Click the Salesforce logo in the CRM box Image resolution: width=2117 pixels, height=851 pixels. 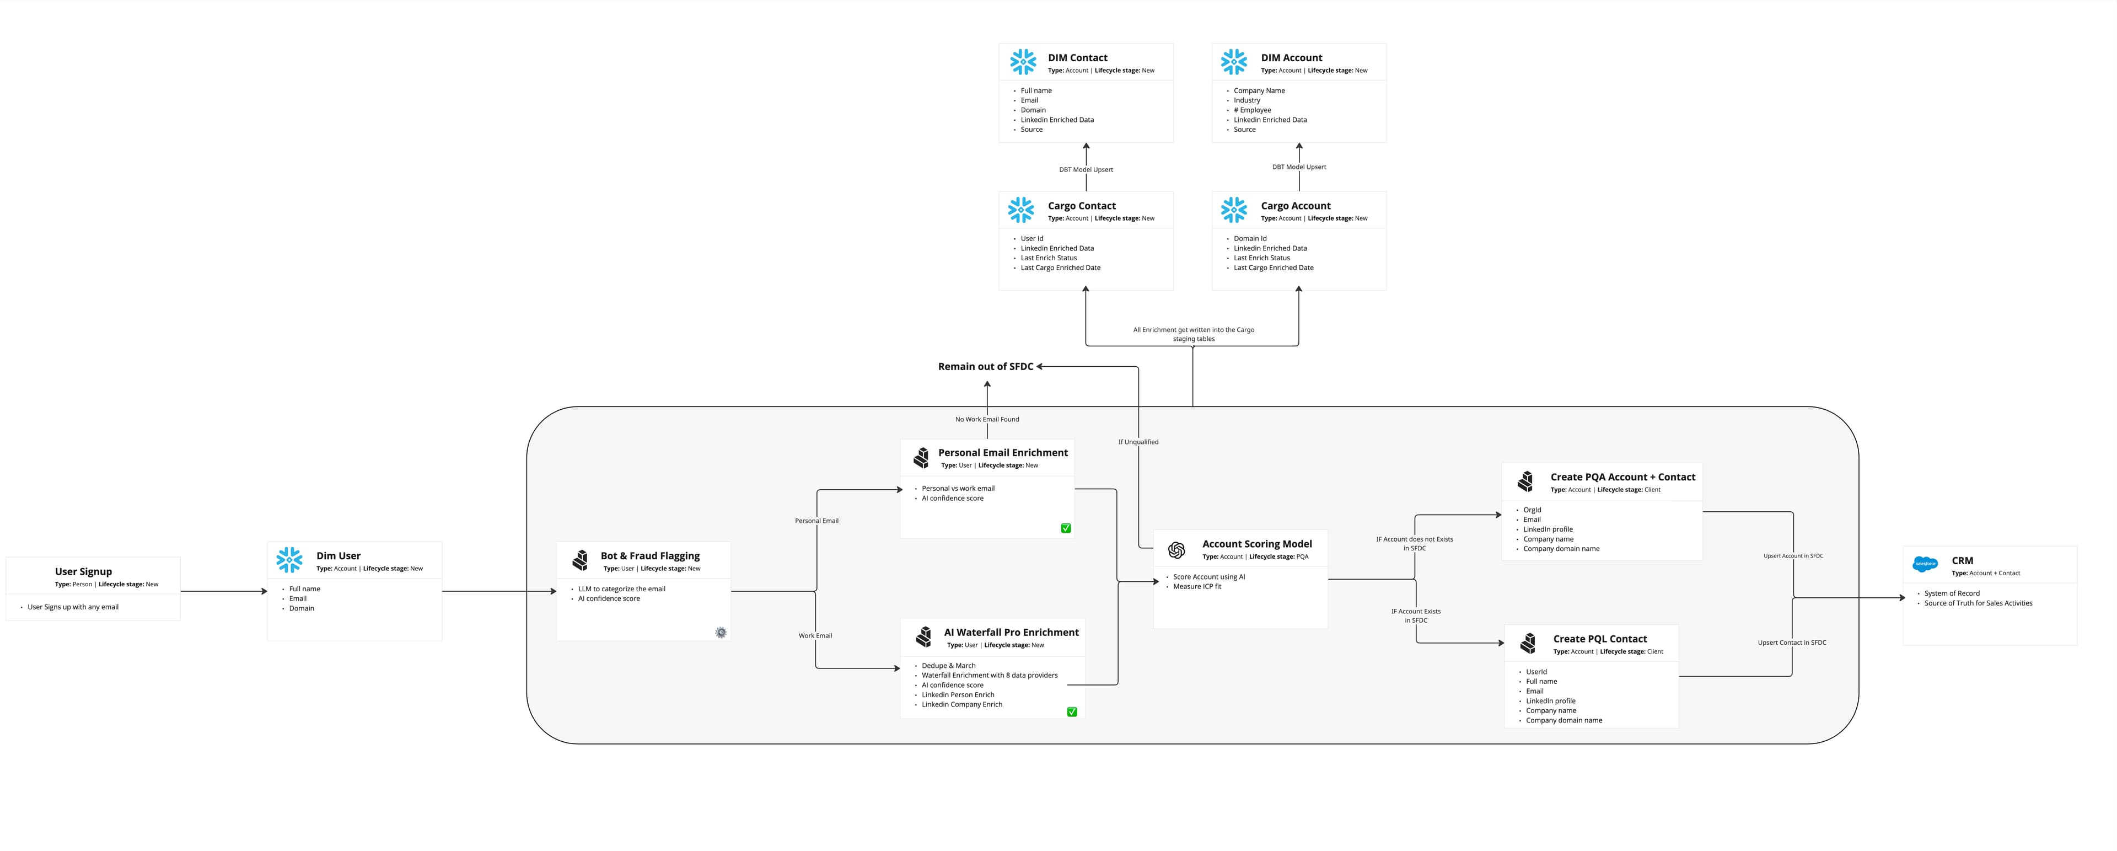[x=1925, y=564]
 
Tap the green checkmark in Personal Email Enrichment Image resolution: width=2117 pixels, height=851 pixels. [x=1066, y=528]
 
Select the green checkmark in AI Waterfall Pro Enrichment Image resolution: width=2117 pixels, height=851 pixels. [x=1072, y=712]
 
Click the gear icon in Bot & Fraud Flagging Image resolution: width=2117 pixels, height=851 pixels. [x=721, y=632]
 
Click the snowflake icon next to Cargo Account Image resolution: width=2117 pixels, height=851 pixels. [x=1234, y=210]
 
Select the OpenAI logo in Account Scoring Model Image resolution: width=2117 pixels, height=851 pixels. [x=1176, y=550]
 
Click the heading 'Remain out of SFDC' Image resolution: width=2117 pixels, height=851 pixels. [x=985, y=367]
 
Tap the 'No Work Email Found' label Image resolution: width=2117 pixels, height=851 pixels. [x=987, y=419]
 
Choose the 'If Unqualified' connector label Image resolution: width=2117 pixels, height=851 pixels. [x=1138, y=442]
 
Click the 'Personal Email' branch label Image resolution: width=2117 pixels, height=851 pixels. [x=817, y=521]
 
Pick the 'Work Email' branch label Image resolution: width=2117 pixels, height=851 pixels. [x=815, y=635]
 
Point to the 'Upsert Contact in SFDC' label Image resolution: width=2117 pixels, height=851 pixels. [x=1792, y=643]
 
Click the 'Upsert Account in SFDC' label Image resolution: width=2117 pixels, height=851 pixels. [x=1793, y=556]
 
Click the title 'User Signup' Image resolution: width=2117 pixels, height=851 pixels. [x=83, y=571]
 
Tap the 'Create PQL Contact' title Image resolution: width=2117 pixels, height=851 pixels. [x=1599, y=639]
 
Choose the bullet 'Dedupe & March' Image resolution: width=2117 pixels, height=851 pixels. [x=948, y=666]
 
